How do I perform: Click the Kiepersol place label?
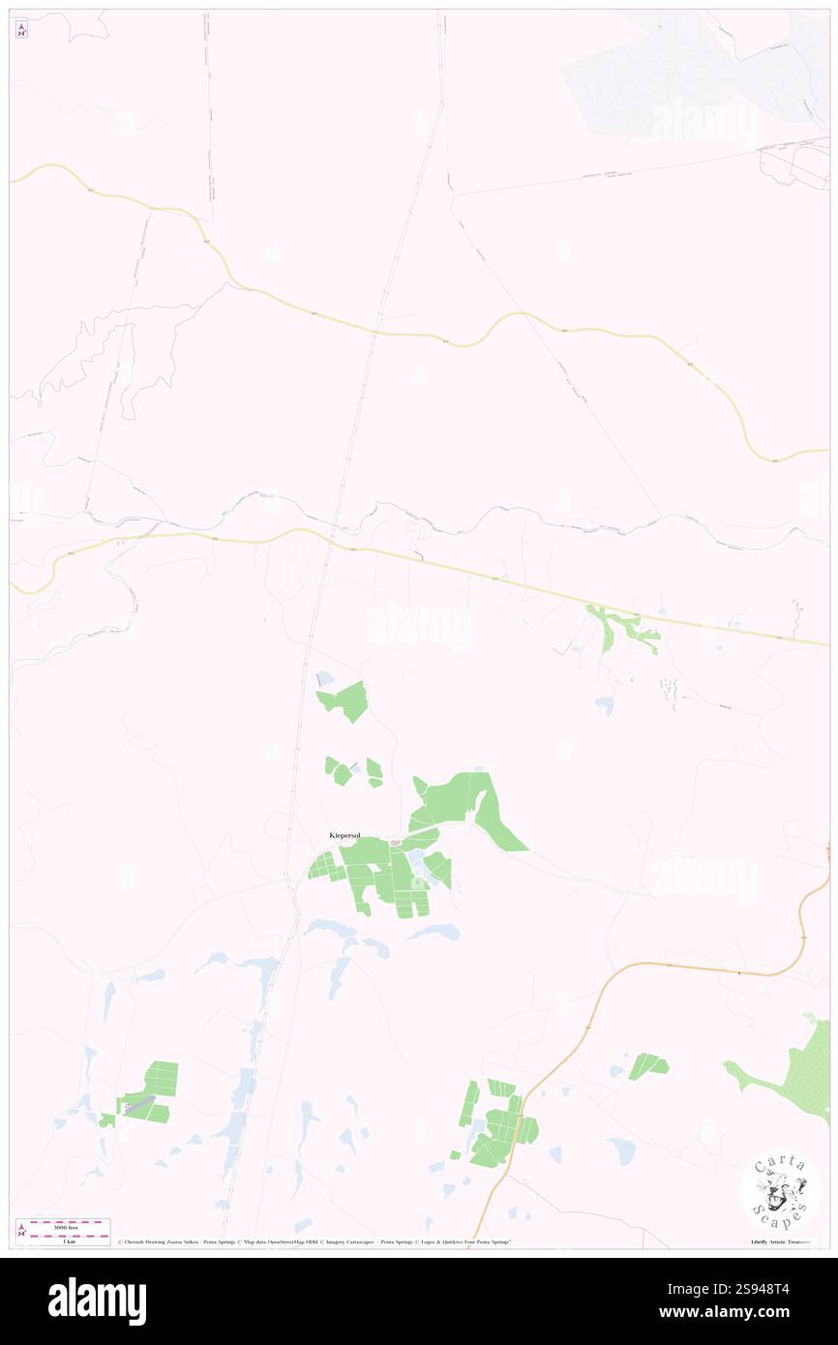click(344, 835)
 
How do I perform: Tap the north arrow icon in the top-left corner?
click(21, 30)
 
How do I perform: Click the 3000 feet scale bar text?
click(62, 1224)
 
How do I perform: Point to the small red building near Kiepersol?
click(395, 844)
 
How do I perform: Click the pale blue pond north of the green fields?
click(326, 679)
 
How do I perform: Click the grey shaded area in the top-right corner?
click(677, 77)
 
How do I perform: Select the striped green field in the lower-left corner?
click(150, 1093)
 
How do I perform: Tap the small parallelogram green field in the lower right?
click(647, 1066)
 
